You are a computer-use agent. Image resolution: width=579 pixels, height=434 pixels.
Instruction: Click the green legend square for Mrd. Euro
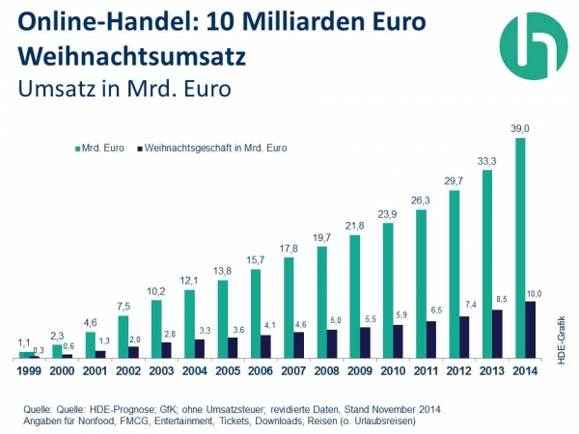76,149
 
